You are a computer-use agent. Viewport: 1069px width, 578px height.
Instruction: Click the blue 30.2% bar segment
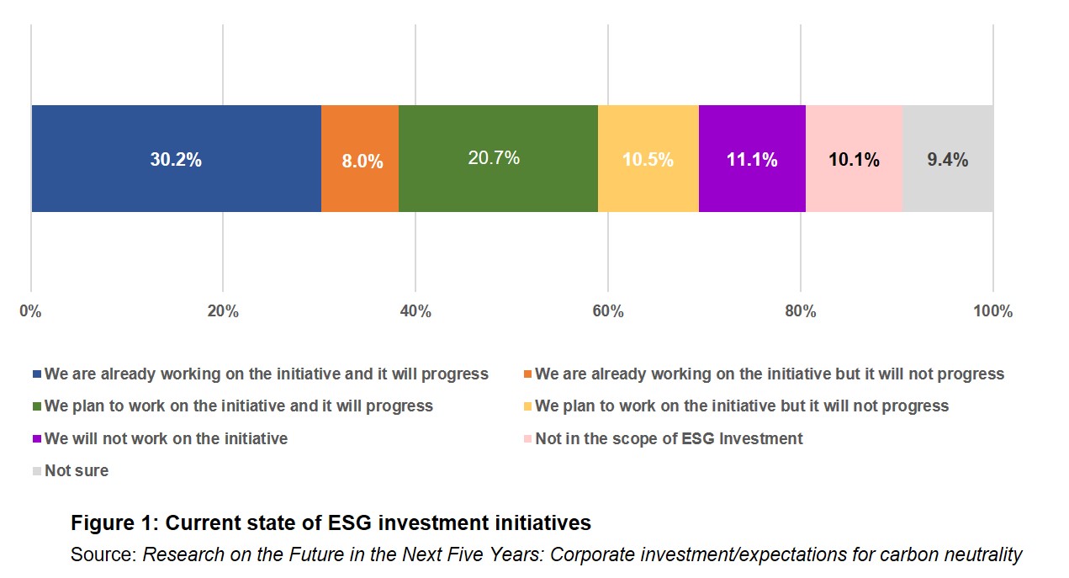tap(176, 158)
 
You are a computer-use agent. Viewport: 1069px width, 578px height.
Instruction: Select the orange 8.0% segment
tap(360, 158)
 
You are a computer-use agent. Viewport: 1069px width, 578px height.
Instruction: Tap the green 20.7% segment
tap(498, 158)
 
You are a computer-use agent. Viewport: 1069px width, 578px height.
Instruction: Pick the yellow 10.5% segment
tap(648, 158)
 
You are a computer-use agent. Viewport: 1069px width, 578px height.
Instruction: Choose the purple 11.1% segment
tap(752, 158)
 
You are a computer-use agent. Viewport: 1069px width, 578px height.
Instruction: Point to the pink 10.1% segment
tap(854, 158)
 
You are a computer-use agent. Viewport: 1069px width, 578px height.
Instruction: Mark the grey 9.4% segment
tap(948, 158)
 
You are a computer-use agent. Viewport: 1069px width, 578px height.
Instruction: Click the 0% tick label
tap(31, 312)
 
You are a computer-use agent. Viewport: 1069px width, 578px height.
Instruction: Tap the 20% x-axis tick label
tap(223, 312)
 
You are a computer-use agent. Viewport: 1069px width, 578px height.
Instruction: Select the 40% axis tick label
tap(415, 312)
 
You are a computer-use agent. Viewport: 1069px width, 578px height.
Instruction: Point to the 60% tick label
tap(608, 312)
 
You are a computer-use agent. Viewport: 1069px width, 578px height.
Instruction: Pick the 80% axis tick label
tap(801, 312)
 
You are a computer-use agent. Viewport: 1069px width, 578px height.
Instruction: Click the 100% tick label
tap(992, 312)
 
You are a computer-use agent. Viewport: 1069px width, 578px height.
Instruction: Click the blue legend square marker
tap(37, 374)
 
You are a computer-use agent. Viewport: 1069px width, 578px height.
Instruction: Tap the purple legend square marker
tap(37, 439)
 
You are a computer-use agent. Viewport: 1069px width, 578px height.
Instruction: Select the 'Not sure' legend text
tap(77, 471)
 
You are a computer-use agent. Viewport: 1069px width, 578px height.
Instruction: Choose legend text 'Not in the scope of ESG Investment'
tap(669, 439)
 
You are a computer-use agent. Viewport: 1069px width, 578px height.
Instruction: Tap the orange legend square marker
tap(527, 374)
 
